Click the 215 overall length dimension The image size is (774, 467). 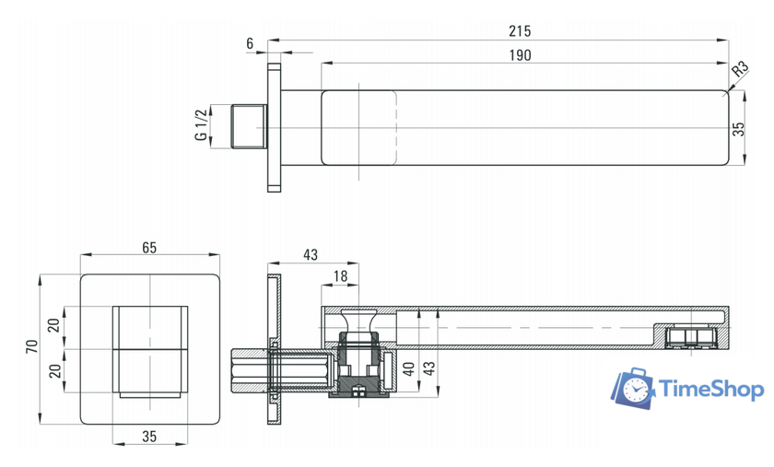(520, 31)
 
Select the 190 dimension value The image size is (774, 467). (520, 54)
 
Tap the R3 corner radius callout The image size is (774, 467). (740, 68)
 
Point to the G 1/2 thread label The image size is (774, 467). (202, 125)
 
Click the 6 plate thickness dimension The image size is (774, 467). (250, 43)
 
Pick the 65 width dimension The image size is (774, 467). (149, 248)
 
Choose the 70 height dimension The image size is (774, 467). (32, 346)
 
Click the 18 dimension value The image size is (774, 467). (341, 276)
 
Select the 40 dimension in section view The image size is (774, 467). (409, 369)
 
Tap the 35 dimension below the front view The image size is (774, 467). (149, 436)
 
